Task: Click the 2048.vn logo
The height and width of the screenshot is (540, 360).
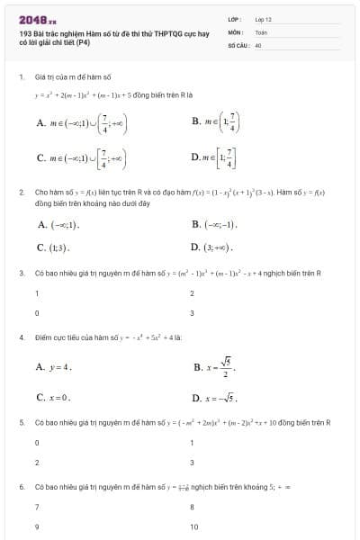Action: coord(37,18)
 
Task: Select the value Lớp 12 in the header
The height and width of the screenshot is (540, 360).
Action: coord(264,18)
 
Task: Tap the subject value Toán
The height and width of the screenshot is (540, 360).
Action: coord(261,31)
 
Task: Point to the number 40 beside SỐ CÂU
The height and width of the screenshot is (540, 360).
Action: coord(258,43)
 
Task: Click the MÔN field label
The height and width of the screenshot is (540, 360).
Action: coord(235,31)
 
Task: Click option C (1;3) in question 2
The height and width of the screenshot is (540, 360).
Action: coord(53,247)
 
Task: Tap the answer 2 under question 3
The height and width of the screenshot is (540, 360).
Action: coord(192,293)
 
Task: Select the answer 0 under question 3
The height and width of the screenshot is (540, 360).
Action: coord(37,313)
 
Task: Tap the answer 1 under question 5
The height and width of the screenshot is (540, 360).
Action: coord(192,443)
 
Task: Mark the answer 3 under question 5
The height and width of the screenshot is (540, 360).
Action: coord(192,463)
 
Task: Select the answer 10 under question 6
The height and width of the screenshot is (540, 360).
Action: coord(194,526)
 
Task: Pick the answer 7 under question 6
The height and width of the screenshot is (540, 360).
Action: coord(37,507)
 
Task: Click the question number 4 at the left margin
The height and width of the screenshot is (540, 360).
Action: coord(21,337)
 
